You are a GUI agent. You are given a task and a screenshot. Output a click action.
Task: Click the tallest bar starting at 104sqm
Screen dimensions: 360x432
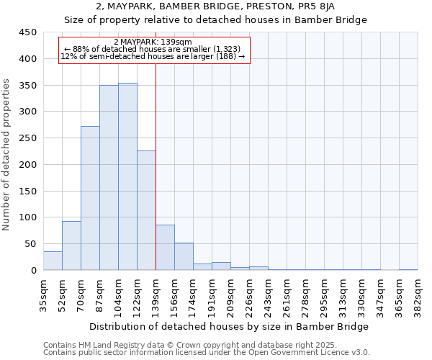click(127, 176)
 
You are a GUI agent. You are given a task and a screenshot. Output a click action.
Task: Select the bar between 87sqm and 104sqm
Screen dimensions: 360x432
click(109, 178)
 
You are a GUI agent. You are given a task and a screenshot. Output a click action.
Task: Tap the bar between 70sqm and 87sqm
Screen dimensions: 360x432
click(90, 198)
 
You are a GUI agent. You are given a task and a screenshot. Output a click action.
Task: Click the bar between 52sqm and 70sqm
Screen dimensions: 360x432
click(71, 246)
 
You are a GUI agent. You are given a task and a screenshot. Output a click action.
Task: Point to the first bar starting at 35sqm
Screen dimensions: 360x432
click(53, 261)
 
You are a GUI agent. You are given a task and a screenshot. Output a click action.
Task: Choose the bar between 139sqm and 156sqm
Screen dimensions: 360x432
click(165, 248)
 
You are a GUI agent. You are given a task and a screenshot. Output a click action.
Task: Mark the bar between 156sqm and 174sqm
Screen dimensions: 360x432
click(184, 256)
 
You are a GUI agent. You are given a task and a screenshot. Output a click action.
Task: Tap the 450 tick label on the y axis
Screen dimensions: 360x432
click(28, 32)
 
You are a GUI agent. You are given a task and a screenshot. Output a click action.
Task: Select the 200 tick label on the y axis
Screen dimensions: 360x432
click(28, 165)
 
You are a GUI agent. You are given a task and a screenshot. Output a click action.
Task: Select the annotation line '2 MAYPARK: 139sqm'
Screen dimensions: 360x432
click(153, 42)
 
